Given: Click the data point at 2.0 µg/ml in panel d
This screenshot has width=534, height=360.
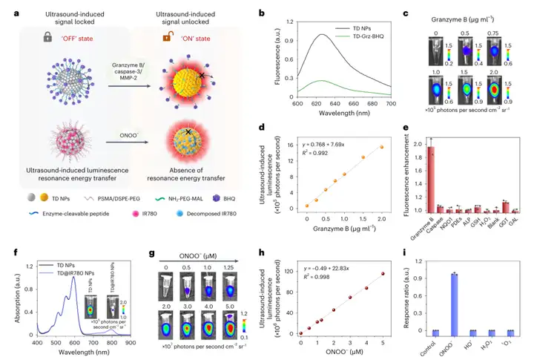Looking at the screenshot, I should pos(381,147).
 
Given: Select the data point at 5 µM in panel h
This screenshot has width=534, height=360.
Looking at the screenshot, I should pos(383,274).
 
